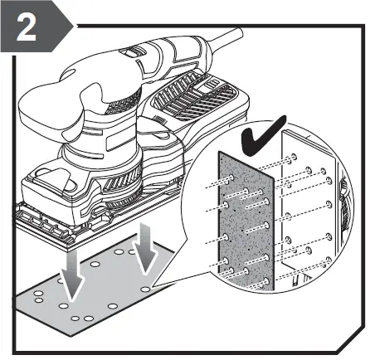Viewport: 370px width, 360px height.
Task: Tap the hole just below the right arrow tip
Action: pos(146,288)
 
